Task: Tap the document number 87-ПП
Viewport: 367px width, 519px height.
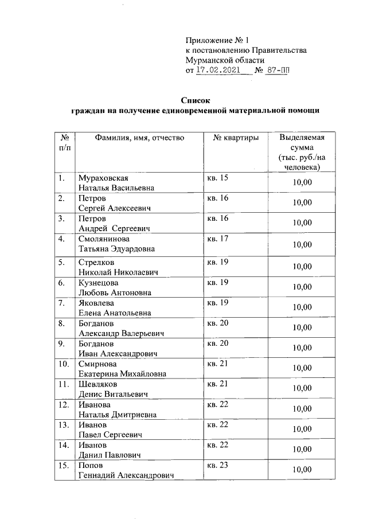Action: pyautogui.click(x=278, y=70)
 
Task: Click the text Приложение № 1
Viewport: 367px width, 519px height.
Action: pyautogui.click(x=218, y=40)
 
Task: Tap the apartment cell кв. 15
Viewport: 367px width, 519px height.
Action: pyautogui.click(x=217, y=178)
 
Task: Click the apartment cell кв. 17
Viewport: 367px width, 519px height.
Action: pyautogui.click(x=217, y=239)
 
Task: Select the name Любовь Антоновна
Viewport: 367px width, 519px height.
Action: pyautogui.click(x=115, y=292)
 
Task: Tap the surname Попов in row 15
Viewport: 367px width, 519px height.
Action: pyautogui.click(x=92, y=465)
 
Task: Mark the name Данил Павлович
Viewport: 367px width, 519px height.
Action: pyautogui.click(x=111, y=455)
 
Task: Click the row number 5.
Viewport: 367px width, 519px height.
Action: pyautogui.click(x=61, y=262)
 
